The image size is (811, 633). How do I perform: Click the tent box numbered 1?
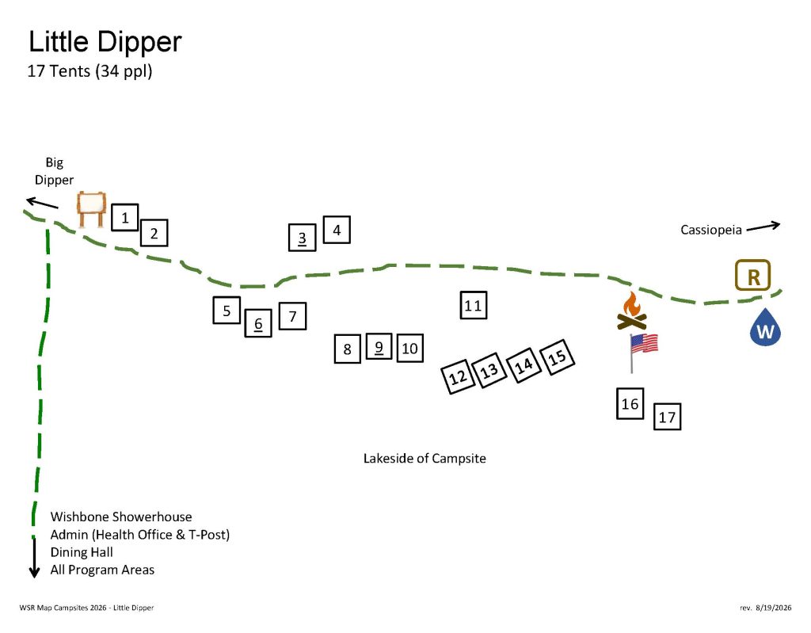tap(124, 217)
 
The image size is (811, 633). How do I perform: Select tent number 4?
tap(337, 230)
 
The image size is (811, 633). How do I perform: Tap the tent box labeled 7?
tap(292, 316)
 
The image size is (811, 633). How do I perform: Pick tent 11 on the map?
tap(474, 305)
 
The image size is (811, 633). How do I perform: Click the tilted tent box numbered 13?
tap(489, 370)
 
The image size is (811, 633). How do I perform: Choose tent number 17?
tap(667, 417)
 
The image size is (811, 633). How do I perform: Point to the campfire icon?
tap(631, 311)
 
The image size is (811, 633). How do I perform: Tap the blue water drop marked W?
tap(765, 327)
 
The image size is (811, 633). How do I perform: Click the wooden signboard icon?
tap(92, 209)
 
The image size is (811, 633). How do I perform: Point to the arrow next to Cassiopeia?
tap(763, 226)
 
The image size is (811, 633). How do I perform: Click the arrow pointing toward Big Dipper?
tap(43, 203)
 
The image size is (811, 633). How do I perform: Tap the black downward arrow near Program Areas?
tap(34, 558)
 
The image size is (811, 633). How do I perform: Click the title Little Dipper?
tap(105, 41)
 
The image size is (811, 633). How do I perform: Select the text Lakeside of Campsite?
tap(425, 459)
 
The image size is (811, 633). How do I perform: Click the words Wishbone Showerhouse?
tap(121, 517)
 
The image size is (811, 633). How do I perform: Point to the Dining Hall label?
tap(82, 552)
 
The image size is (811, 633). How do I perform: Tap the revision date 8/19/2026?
tap(773, 608)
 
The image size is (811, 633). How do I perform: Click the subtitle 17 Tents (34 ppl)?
tap(89, 71)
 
